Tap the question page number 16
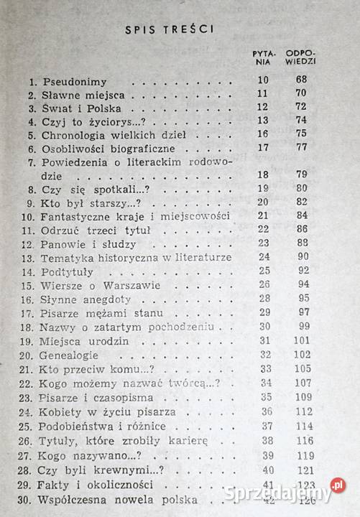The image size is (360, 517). [x=262, y=132]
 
